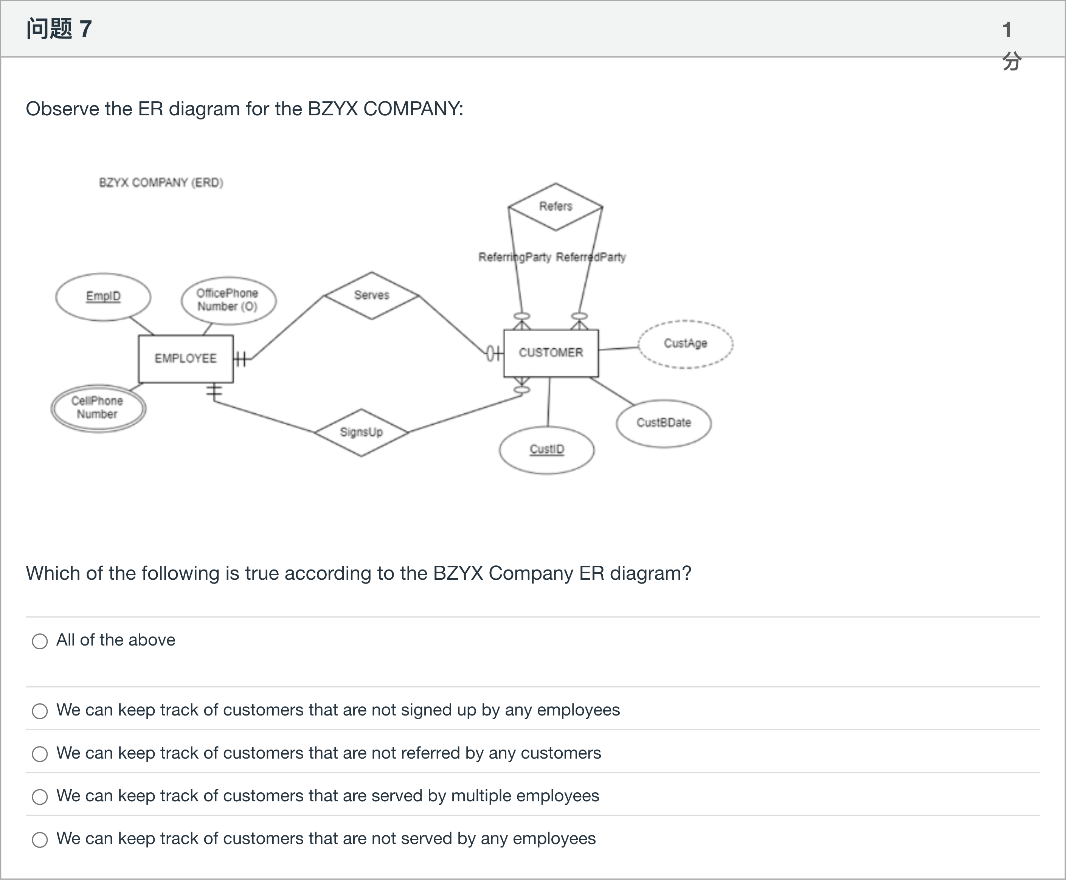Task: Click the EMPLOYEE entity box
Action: [x=186, y=359]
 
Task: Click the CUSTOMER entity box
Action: [x=551, y=353]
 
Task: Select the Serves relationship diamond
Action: [x=372, y=295]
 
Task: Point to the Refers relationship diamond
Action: [x=555, y=207]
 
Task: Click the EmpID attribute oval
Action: [x=103, y=296]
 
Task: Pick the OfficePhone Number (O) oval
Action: [x=228, y=300]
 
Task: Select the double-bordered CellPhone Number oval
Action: [x=98, y=408]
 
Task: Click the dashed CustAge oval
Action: [x=685, y=344]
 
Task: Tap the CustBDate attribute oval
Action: [x=664, y=423]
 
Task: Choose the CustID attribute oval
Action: [x=546, y=450]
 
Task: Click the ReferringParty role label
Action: [x=514, y=258]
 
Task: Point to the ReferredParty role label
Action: [x=591, y=258]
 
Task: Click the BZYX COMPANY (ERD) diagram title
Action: [x=161, y=183]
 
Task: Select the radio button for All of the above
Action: [x=40, y=641]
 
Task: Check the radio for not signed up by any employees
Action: [x=40, y=711]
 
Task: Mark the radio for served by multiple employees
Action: [x=40, y=797]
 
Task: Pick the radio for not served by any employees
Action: [x=40, y=840]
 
